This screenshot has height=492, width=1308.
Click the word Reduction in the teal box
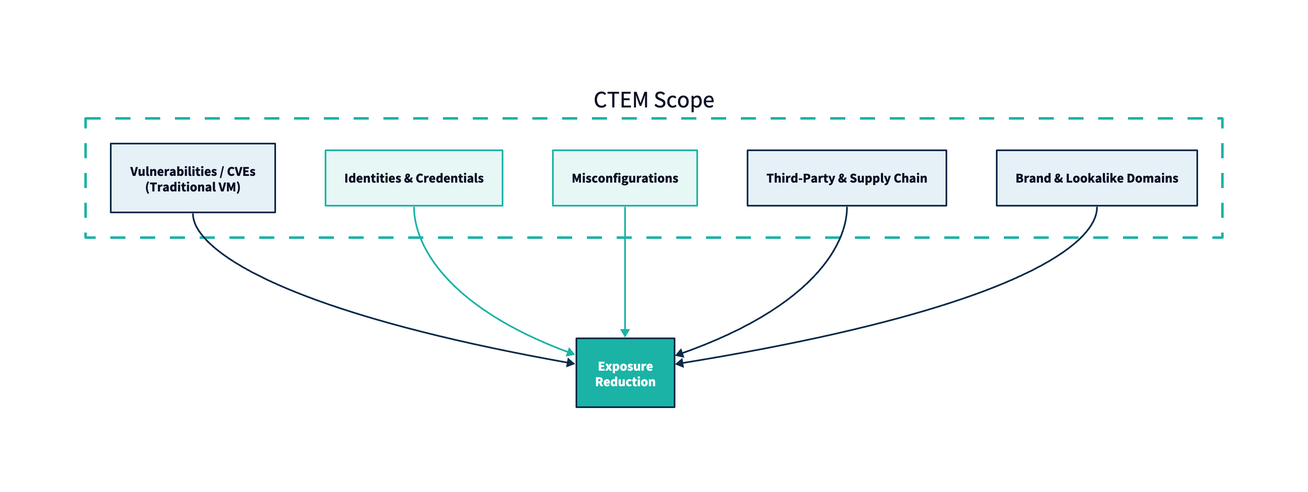click(625, 382)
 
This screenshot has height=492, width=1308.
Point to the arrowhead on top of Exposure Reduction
click(625, 333)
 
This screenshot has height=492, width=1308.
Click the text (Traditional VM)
click(193, 187)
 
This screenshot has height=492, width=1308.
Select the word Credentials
click(449, 178)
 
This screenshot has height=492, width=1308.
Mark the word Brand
click(1033, 178)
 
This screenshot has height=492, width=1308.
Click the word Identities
click(373, 178)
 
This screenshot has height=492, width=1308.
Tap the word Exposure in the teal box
click(625, 366)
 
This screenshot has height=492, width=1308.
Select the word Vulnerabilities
click(173, 171)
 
